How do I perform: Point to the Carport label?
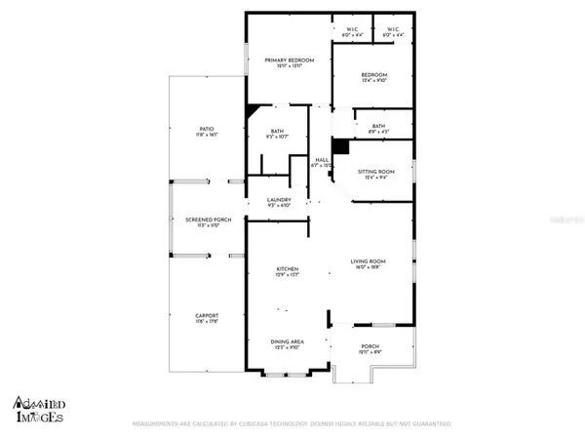pyautogui.click(x=206, y=318)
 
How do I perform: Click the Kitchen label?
pyautogui.click(x=286, y=272)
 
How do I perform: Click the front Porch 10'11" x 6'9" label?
pyautogui.click(x=370, y=347)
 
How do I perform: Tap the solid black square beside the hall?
pyautogui.click(x=340, y=146)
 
